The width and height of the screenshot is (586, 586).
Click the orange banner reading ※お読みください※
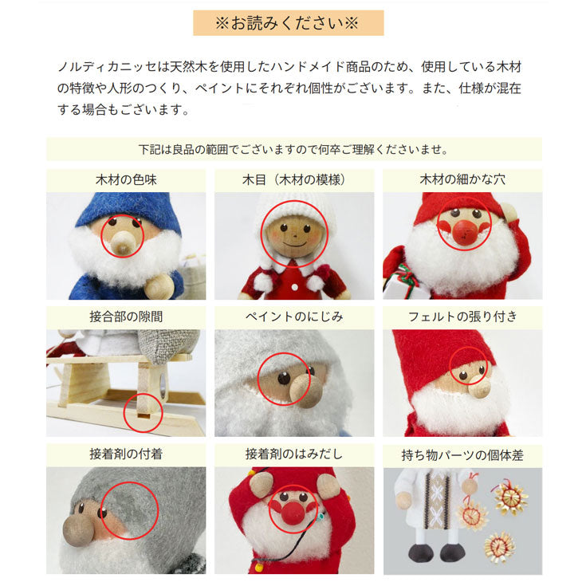[x=288, y=22]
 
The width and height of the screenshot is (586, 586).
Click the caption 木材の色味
[x=126, y=180]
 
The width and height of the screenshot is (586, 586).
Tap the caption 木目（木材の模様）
[x=294, y=180]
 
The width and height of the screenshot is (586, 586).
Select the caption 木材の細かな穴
[x=462, y=180]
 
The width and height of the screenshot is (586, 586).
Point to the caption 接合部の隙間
[x=126, y=317]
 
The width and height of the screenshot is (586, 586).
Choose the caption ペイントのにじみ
[x=294, y=317]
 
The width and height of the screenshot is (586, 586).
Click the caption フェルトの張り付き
[x=462, y=317]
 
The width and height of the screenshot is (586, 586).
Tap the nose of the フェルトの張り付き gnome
[x=481, y=387]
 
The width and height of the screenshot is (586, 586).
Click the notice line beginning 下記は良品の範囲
[x=293, y=149]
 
